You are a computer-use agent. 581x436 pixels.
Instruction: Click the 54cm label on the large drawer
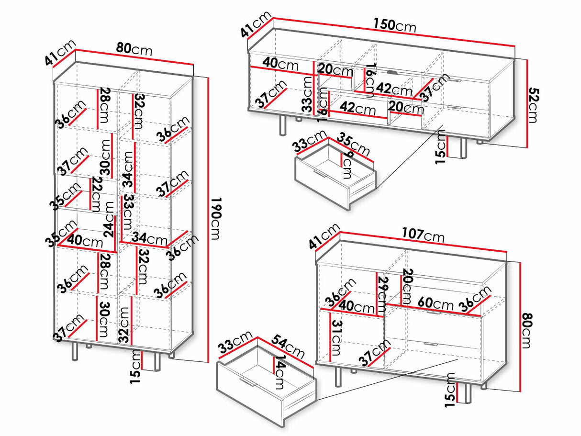(288, 346)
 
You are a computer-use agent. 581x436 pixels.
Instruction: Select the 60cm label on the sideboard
(436, 303)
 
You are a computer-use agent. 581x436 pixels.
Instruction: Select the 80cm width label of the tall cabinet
(134, 50)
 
